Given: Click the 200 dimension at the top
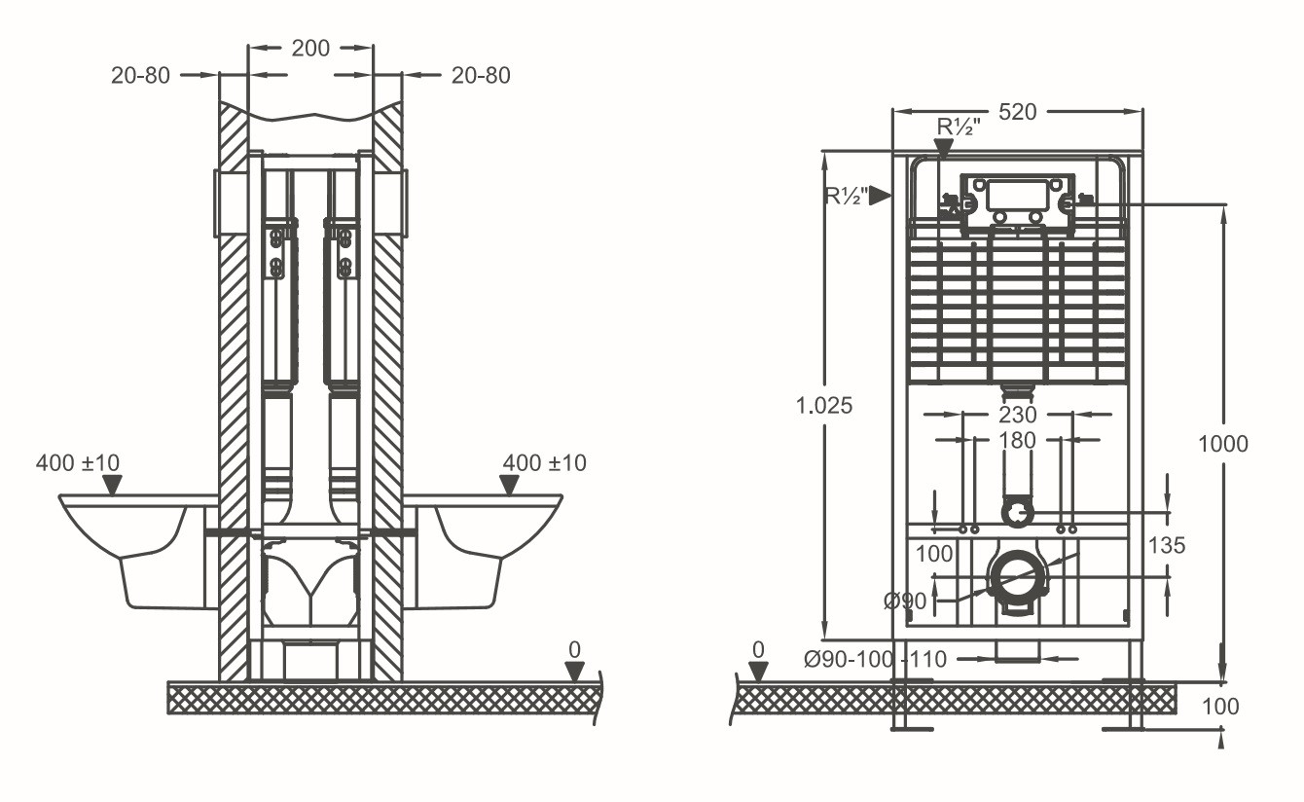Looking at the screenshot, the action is tap(310, 49).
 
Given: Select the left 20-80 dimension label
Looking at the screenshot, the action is tap(140, 76).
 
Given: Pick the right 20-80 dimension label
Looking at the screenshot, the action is tap(481, 76).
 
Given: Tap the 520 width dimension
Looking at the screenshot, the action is tap(1018, 112).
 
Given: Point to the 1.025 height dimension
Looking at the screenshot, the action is tap(823, 405).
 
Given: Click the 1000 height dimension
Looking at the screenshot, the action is tap(1223, 445).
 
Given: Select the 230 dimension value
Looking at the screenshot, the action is tap(1018, 416).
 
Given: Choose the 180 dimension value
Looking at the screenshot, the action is tap(1018, 440).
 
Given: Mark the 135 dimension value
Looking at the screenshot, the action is tap(1167, 546).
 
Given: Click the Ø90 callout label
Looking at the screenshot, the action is tap(905, 601).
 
